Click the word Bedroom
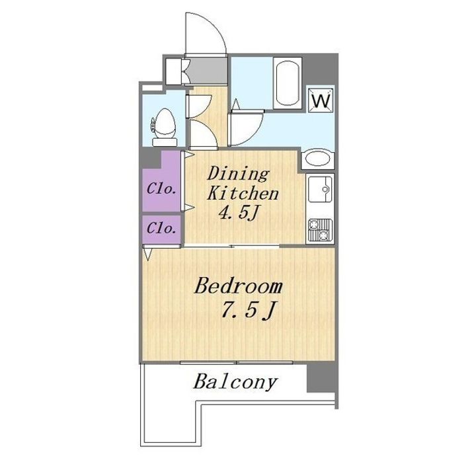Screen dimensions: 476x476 pos(238,286)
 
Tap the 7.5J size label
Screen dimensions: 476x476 pos(249,310)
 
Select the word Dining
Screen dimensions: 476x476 pos(238,175)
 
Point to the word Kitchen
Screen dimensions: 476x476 pos(243,193)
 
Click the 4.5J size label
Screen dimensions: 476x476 pos(239,212)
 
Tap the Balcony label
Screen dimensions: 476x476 pos(235,383)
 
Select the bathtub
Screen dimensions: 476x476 pos(287,83)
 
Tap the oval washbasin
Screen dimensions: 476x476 pos(317,159)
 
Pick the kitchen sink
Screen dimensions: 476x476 pos(320,189)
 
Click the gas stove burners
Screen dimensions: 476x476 pos(320,230)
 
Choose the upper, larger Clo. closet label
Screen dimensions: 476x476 pos(161,189)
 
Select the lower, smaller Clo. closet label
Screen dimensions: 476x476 pos(161,228)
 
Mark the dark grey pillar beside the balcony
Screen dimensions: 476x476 pos(322,377)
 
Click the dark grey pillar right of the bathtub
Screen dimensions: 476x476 pos(321,71)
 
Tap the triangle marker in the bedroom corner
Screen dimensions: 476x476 pos(147,255)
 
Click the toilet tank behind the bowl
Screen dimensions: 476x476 pos(165,142)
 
